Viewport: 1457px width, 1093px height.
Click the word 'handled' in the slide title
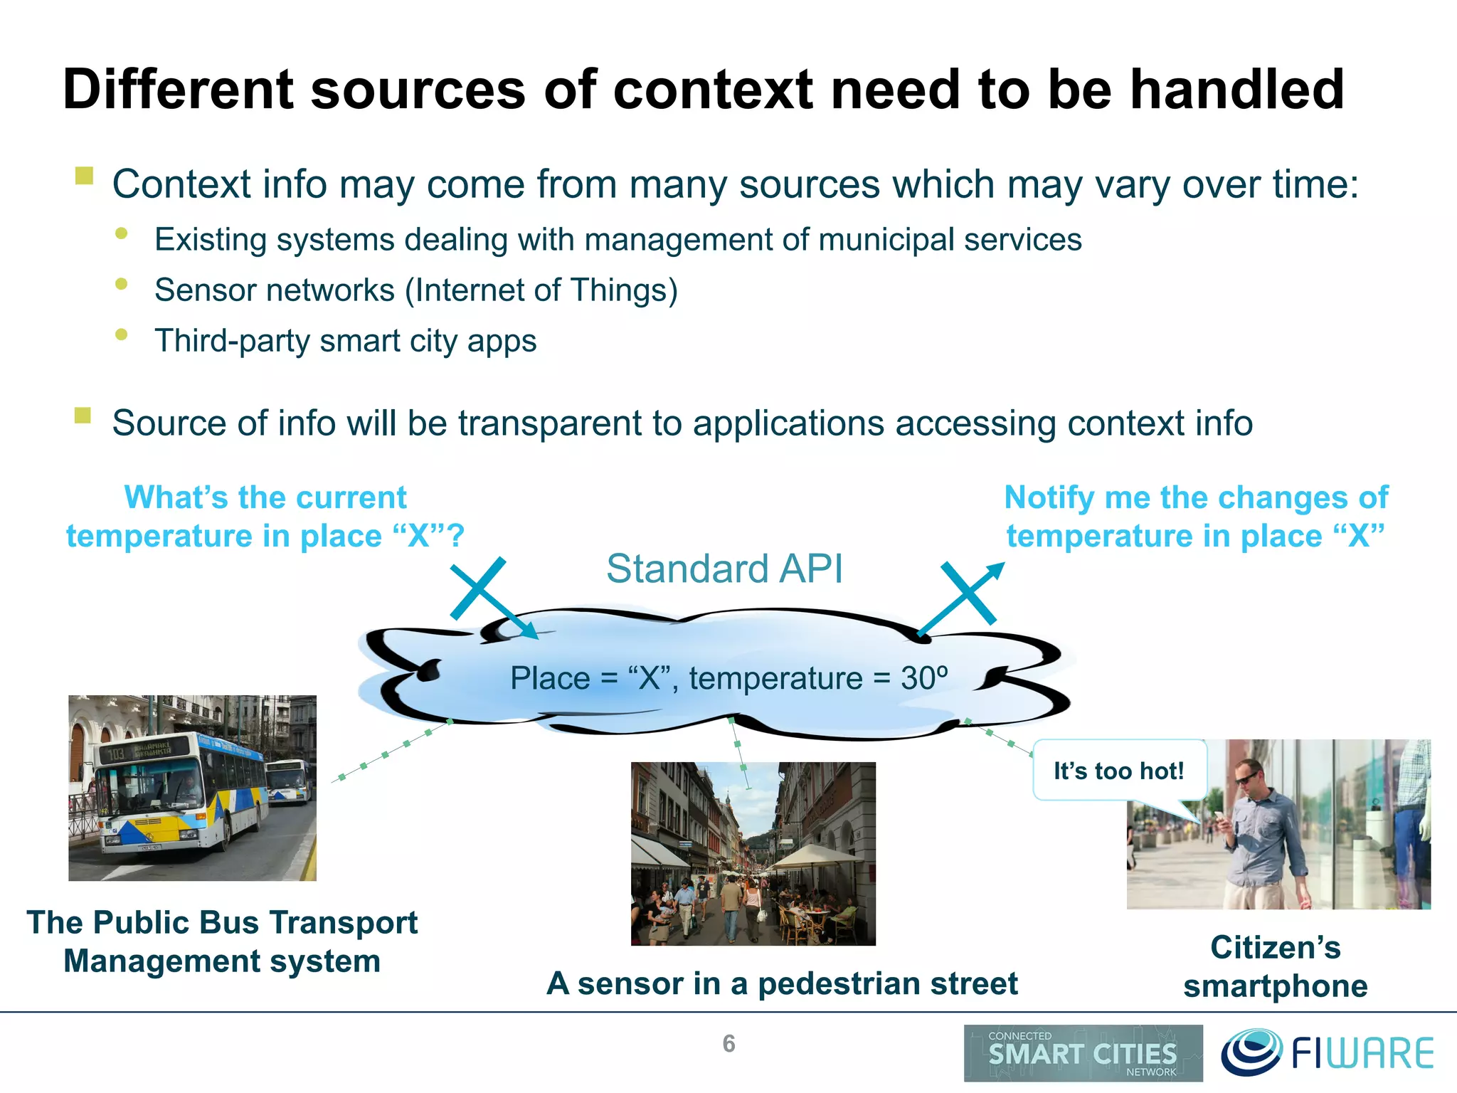pos(1236,90)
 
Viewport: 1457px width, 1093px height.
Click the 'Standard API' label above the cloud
pos(724,569)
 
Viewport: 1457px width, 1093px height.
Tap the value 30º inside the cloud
pos(924,678)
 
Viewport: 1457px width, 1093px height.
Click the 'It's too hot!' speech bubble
pos(1118,771)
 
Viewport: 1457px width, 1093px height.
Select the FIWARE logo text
pos(1361,1054)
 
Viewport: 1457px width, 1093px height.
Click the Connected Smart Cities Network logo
pos(1082,1053)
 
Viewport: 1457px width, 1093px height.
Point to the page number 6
pos(728,1043)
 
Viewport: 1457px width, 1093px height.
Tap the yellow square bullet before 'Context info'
pos(84,176)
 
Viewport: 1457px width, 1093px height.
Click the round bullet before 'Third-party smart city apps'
pos(122,334)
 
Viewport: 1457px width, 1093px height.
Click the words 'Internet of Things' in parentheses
pos(541,290)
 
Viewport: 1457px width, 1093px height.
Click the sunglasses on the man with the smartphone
pos(1246,778)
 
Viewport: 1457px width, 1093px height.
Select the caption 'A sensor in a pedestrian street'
pos(781,983)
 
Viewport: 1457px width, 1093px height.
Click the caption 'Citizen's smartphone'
pos(1275,966)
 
